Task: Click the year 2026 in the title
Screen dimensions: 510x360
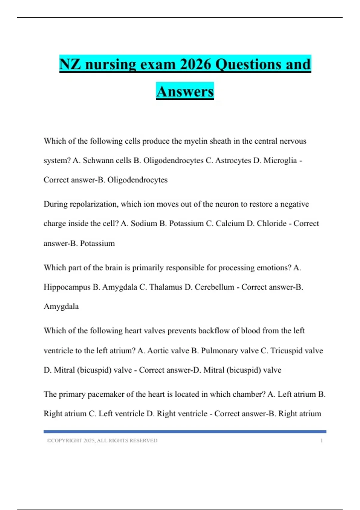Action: pyautogui.click(x=196, y=64)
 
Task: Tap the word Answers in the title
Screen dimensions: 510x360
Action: pyautogui.click(x=185, y=91)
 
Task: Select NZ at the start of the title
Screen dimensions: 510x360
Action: pyautogui.click(x=70, y=64)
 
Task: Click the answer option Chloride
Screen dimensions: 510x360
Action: pyautogui.click(x=271, y=223)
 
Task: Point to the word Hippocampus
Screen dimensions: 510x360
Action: pyautogui.click(x=67, y=287)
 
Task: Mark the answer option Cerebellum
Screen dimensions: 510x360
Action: pyautogui.click(x=214, y=287)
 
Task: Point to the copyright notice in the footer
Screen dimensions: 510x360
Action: pyautogui.click(x=102, y=441)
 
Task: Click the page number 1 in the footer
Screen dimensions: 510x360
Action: pyautogui.click(x=321, y=441)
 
